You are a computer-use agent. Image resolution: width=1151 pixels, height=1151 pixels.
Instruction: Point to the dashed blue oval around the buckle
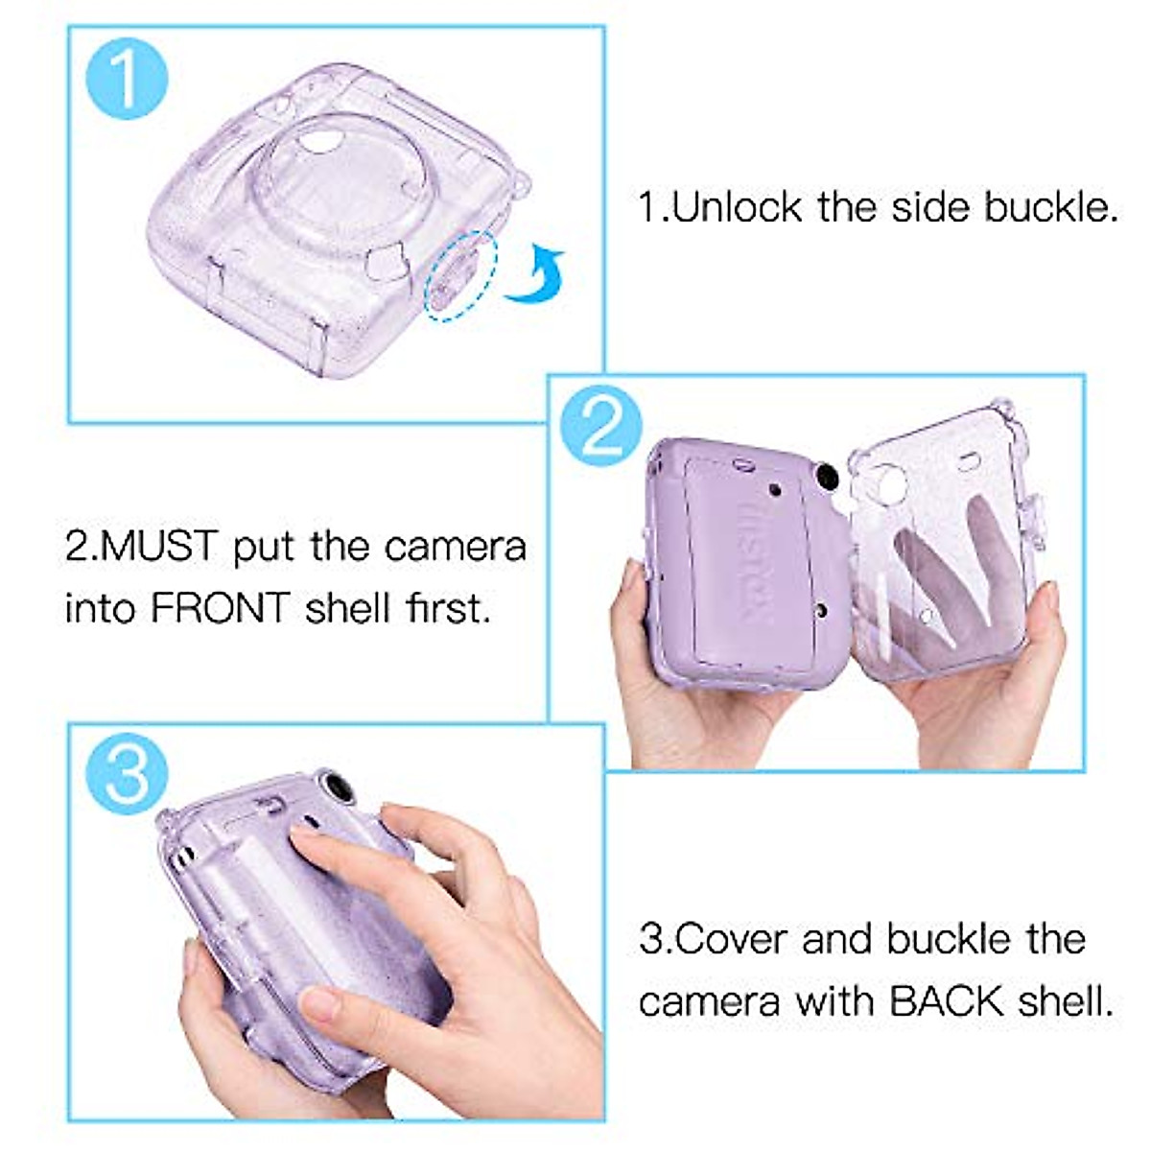tap(461, 275)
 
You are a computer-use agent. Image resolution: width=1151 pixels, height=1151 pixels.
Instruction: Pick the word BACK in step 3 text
tap(951, 1001)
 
